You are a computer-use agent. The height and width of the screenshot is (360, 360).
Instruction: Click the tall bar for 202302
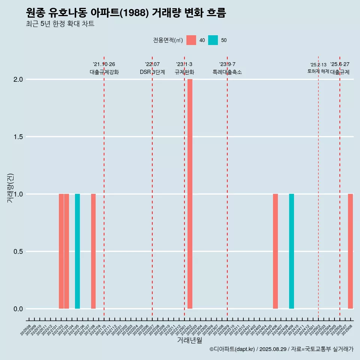tap(190, 194)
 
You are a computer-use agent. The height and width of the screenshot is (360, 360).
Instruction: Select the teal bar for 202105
tap(77, 251)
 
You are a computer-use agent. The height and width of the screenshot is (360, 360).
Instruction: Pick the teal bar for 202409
tap(291, 251)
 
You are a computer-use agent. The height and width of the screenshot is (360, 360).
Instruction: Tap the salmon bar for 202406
tap(275, 251)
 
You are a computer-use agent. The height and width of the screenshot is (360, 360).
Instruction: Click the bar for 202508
tap(350, 251)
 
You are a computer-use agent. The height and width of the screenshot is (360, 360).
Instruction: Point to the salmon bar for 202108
tap(93, 251)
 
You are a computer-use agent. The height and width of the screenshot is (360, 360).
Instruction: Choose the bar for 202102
tap(61, 251)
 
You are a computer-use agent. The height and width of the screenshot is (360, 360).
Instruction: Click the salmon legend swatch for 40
tap(191, 40)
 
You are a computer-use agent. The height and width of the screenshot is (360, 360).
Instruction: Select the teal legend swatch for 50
tap(213, 40)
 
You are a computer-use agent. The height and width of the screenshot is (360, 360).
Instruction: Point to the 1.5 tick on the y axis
tap(18, 137)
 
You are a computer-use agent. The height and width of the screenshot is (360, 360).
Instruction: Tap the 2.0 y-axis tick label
tap(18, 79)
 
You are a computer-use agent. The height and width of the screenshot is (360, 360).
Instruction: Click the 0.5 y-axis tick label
tap(18, 252)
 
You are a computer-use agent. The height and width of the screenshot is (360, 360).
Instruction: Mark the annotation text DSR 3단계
tap(152, 72)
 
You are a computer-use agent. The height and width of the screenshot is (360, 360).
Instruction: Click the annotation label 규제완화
tap(184, 72)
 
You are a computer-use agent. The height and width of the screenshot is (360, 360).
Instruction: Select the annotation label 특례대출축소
tap(227, 72)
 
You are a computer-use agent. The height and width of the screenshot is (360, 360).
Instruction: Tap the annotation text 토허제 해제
tap(318, 71)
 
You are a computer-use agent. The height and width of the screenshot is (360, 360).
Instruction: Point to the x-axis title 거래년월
tap(190, 340)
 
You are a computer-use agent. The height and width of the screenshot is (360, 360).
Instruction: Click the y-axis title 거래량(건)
tap(10, 187)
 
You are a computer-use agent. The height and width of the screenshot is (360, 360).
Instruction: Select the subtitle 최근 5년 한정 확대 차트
tap(60, 24)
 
